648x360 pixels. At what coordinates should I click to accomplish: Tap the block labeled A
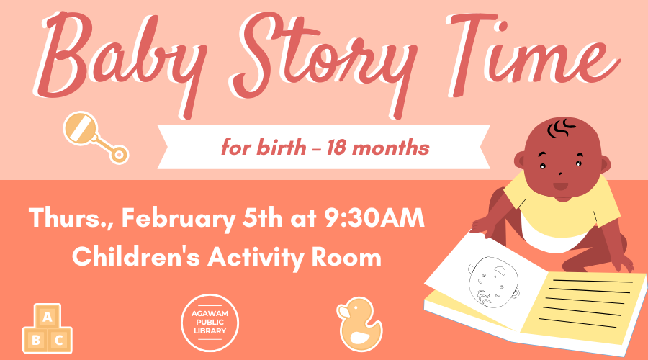pyautogui.click(x=48, y=316)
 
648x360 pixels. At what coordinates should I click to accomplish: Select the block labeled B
pyautogui.click(x=35, y=339)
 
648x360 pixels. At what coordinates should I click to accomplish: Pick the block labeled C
pyautogui.click(x=60, y=339)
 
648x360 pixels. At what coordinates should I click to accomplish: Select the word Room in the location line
pyautogui.click(x=350, y=256)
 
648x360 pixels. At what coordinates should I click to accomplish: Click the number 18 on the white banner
pyautogui.click(x=338, y=149)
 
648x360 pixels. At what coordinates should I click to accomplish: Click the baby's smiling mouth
pyautogui.click(x=560, y=186)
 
